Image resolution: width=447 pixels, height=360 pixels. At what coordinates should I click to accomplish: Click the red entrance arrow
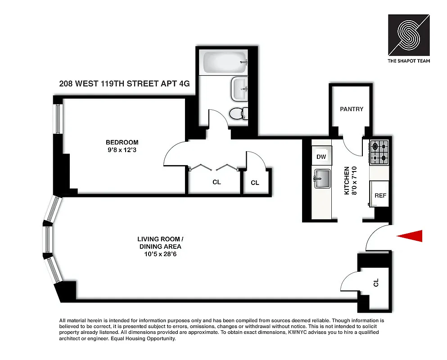point(410,236)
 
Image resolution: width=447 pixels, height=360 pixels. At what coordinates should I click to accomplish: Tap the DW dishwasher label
point(321,157)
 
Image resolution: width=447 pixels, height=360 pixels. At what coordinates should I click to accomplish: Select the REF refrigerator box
point(380,196)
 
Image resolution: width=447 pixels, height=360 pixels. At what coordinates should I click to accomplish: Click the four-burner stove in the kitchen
point(379,152)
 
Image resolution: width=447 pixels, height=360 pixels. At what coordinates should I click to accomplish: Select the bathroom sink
point(239,89)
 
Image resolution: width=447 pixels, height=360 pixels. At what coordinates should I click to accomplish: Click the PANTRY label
point(351,109)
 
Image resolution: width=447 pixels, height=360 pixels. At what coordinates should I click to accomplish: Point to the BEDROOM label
point(119,142)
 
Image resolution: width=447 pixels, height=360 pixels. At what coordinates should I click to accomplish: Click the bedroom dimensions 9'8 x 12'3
point(119,150)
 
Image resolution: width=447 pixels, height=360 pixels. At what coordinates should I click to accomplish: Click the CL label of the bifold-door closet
point(216,182)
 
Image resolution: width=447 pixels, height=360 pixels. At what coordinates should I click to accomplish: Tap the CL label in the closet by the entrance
point(376,283)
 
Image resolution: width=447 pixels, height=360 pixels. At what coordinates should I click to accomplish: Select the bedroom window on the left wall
point(57,119)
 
